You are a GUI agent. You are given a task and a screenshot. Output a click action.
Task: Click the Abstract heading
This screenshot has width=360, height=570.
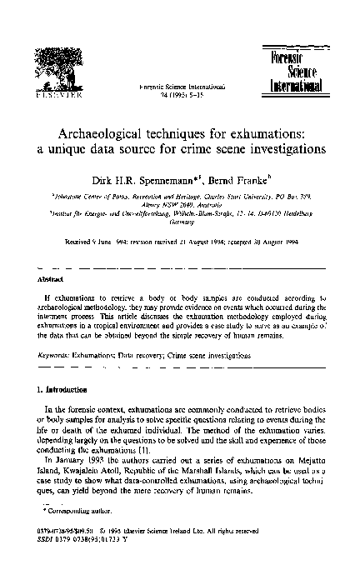coord(50,278)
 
